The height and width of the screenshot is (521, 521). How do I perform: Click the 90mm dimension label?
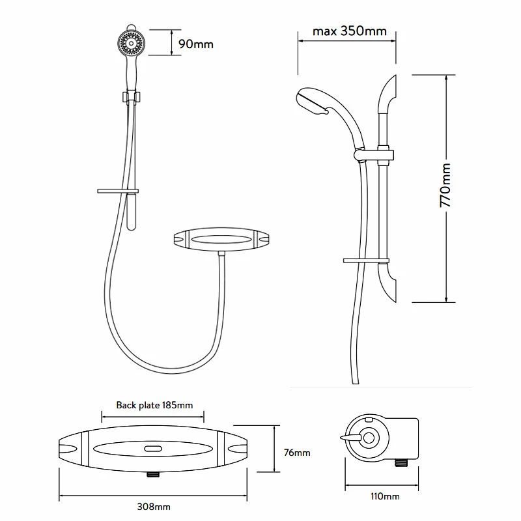coord(195,44)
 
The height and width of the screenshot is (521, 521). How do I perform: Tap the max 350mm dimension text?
coord(350,31)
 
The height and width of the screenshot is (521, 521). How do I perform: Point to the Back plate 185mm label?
coord(154,405)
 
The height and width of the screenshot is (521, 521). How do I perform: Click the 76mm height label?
coord(298,453)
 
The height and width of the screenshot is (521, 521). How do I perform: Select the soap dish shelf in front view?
coord(118,191)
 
